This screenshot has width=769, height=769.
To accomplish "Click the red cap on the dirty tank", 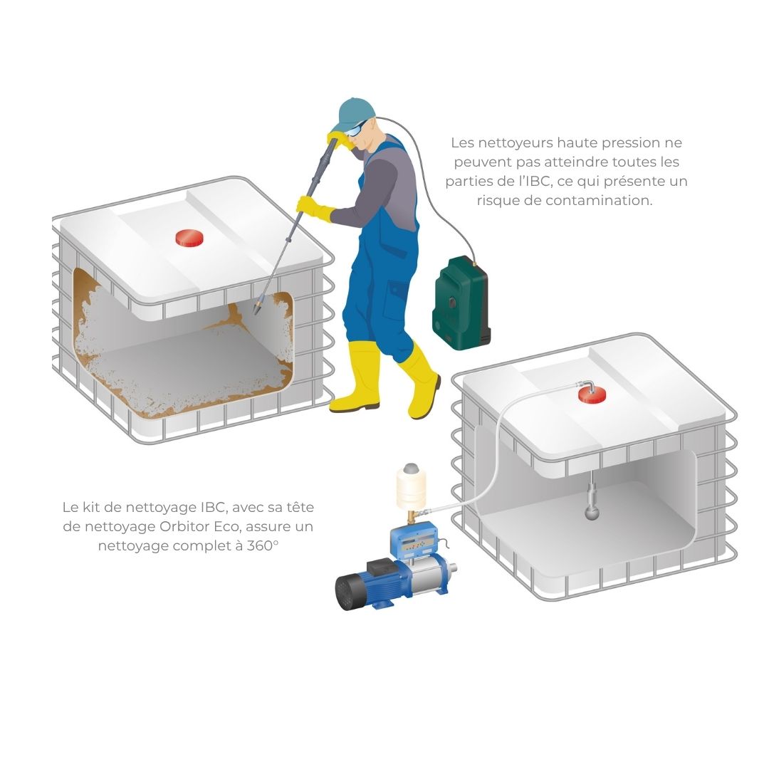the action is point(189,238).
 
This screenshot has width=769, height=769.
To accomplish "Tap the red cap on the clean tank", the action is point(592,394).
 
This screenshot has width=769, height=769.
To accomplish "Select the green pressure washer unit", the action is point(461,303).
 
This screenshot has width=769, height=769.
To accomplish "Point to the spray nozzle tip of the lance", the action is point(257,310).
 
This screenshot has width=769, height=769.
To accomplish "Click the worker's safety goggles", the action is point(355,129).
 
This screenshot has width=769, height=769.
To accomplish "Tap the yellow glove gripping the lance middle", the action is point(315,207).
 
